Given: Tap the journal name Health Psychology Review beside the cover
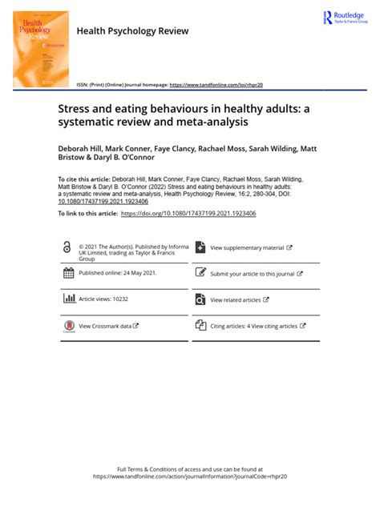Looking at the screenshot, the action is pos(132,31).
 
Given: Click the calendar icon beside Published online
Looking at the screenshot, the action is pos(68,273).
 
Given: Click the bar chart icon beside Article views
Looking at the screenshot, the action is pos(68,299).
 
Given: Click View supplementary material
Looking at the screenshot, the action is pos(247,248).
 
